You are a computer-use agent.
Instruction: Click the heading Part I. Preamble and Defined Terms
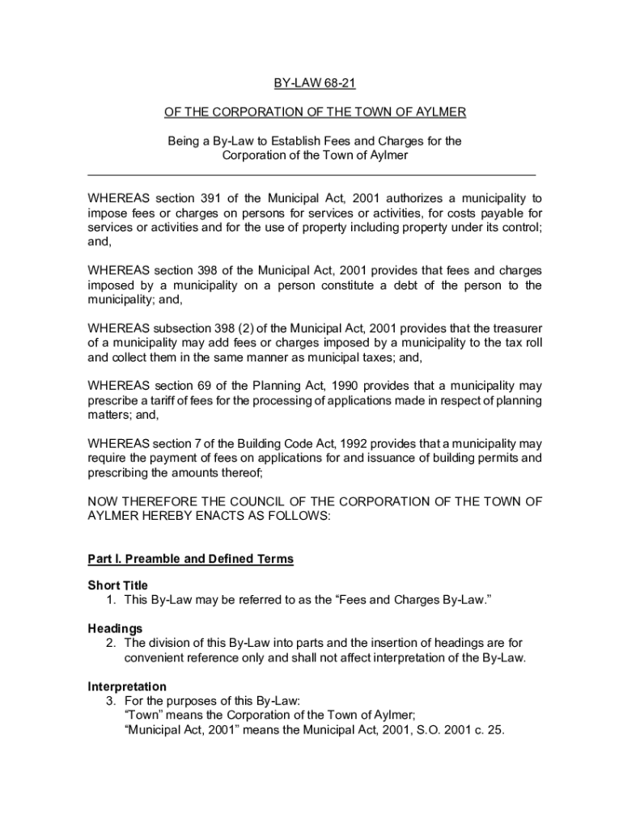[190, 559]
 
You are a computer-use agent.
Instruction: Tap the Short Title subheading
[117, 585]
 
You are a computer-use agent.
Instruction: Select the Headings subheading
[115, 628]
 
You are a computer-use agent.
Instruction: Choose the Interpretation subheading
[127, 686]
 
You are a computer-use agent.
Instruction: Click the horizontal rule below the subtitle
[311, 175]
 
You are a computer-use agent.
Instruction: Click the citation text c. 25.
[489, 730]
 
